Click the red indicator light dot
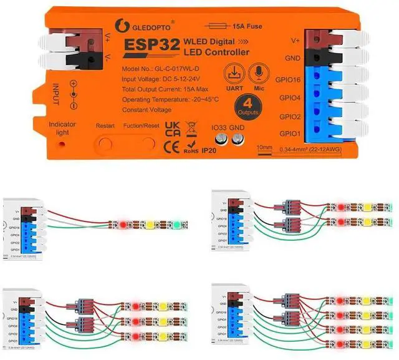61,145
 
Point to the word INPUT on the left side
56,94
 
